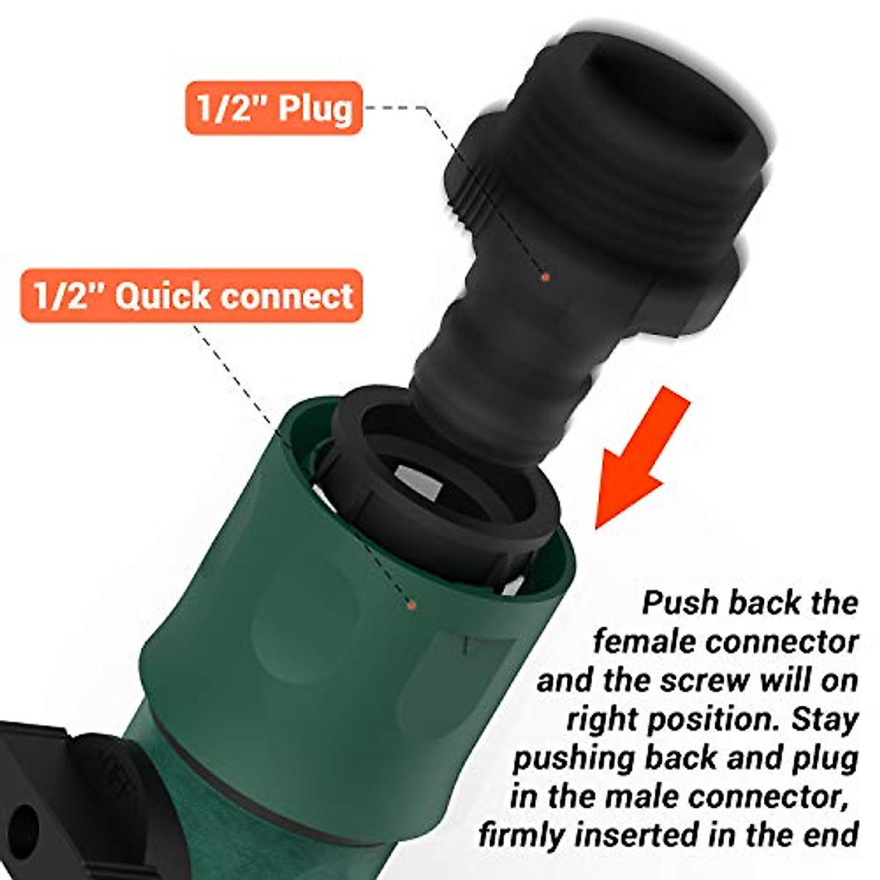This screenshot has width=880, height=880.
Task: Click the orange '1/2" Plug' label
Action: coord(274,108)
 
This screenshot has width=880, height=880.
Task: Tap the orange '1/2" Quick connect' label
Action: coord(192,296)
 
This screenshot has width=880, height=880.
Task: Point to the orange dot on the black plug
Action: coord(545,277)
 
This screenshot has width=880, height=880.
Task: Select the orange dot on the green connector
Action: coord(411,604)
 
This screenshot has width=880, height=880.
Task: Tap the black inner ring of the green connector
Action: coord(440,469)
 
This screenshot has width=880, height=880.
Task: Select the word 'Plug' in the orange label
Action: coord(315,108)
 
